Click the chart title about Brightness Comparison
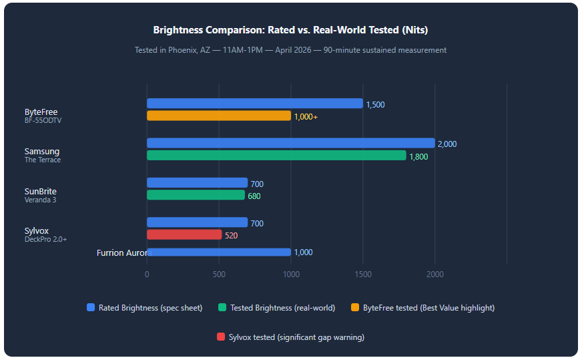290,30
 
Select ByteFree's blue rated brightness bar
254,104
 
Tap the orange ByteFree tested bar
218,116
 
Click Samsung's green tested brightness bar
276,155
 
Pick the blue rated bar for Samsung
290,143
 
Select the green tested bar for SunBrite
196,195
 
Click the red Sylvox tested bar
184,234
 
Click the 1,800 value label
418,157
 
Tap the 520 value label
231,236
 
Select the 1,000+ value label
306,117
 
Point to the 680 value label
254,196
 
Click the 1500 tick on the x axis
362,274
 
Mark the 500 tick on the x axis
218,274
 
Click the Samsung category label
41,152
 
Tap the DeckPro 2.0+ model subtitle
45,239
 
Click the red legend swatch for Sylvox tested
221,337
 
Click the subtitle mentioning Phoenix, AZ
290,50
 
